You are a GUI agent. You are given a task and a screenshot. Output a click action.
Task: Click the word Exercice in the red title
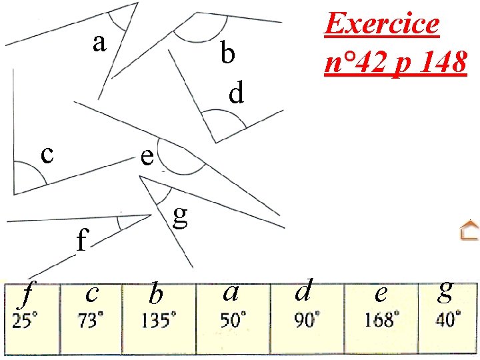[382, 24]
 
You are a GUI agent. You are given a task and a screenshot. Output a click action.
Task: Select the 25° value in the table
[25, 321]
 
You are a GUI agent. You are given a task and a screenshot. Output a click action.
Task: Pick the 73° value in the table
[91, 321]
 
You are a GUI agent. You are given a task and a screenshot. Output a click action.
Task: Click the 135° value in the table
[159, 321]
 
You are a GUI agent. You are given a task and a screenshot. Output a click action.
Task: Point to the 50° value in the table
[233, 321]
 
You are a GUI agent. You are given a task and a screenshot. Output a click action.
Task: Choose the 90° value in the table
[307, 321]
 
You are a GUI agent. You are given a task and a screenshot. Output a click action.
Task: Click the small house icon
[469, 230]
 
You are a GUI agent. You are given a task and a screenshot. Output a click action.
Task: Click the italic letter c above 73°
[93, 292]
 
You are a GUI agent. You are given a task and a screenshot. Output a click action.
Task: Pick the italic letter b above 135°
[155, 292]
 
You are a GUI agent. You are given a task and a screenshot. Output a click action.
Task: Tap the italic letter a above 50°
[231, 291]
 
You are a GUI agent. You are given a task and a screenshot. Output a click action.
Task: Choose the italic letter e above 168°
[381, 292]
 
